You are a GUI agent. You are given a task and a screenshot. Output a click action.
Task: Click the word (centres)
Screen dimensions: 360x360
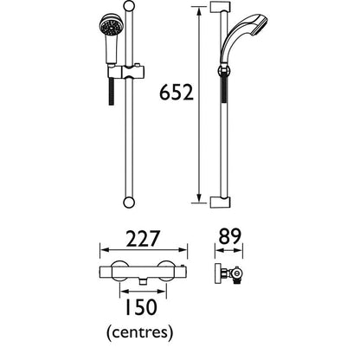tap(139, 332)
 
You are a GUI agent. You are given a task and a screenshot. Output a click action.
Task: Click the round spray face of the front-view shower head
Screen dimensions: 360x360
tap(109, 29)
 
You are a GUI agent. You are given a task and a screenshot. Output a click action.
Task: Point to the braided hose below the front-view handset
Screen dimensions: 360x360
tap(111, 91)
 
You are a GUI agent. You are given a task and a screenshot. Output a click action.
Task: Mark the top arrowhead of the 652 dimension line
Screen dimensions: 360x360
tap(201, 10)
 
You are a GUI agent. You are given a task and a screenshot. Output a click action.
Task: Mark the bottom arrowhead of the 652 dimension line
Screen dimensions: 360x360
tap(201, 201)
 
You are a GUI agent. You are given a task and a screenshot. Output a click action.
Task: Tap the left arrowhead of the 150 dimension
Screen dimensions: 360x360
tap(119, 292)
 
